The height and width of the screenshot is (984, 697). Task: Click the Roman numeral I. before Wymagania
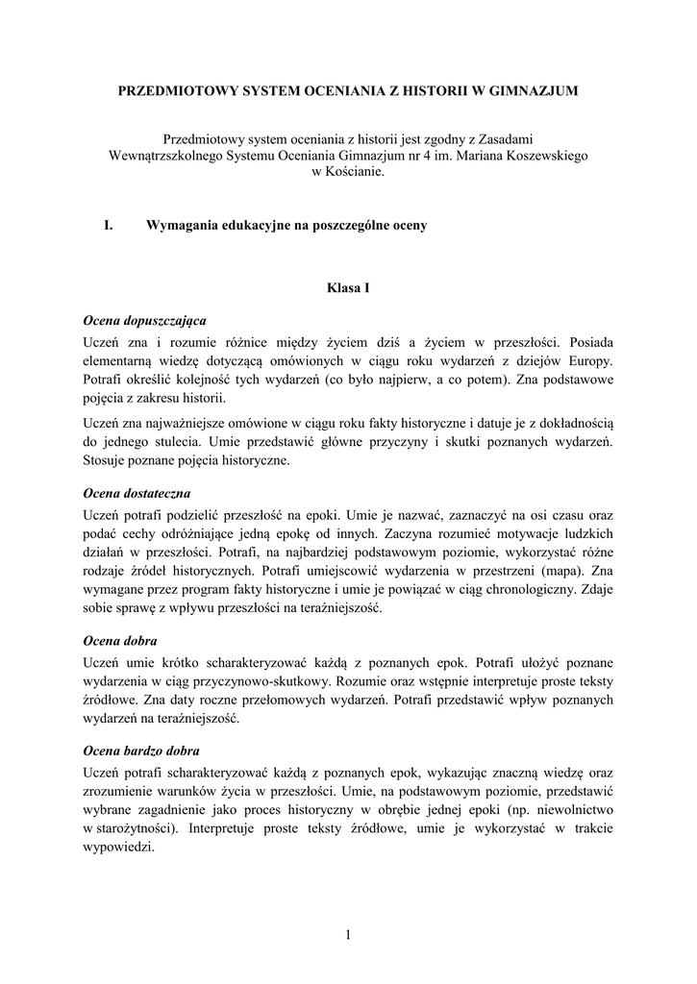click(x=109, y=226)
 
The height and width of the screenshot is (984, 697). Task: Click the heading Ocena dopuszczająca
click(x=144, y=319)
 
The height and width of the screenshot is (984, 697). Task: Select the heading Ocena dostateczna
click(x=137, y=492)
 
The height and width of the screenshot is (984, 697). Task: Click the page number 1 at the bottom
click(x=348, y=935)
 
